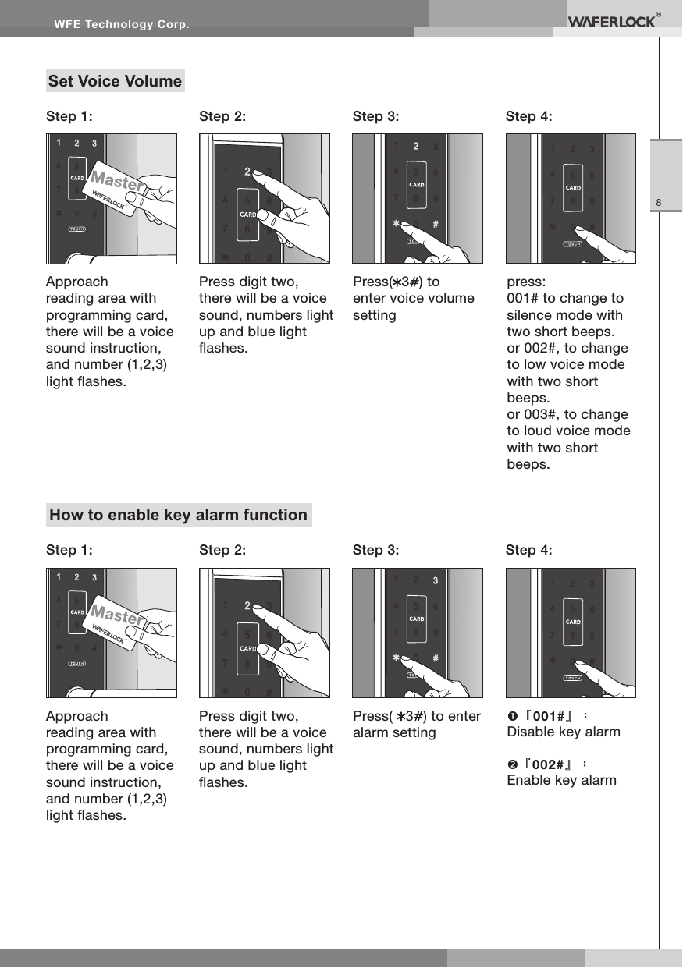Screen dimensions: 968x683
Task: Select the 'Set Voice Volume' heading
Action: (x=115, y=81)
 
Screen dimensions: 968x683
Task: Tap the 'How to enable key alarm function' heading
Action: (x=178, y=515)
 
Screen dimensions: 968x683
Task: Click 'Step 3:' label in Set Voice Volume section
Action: (x=375, y=117)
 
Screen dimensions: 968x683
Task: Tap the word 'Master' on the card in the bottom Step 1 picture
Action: (x=116, y=616)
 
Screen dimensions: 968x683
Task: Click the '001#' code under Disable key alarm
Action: (x=548, y=715)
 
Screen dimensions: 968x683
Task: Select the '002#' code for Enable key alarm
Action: (x=548, y=764)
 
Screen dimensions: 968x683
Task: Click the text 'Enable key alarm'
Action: (x=561, y=781)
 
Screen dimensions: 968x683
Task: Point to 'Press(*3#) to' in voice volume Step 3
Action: (x=396, y=282)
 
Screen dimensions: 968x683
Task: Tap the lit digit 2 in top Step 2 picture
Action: (x=247, y=171)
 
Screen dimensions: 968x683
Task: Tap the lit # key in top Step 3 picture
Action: (x=435, y=224)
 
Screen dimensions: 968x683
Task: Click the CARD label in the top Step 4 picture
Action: (x=573, y=187)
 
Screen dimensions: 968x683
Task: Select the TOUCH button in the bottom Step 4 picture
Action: (x=574, y=677)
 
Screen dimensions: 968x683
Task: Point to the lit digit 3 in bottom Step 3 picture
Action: (x=436, y=580)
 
